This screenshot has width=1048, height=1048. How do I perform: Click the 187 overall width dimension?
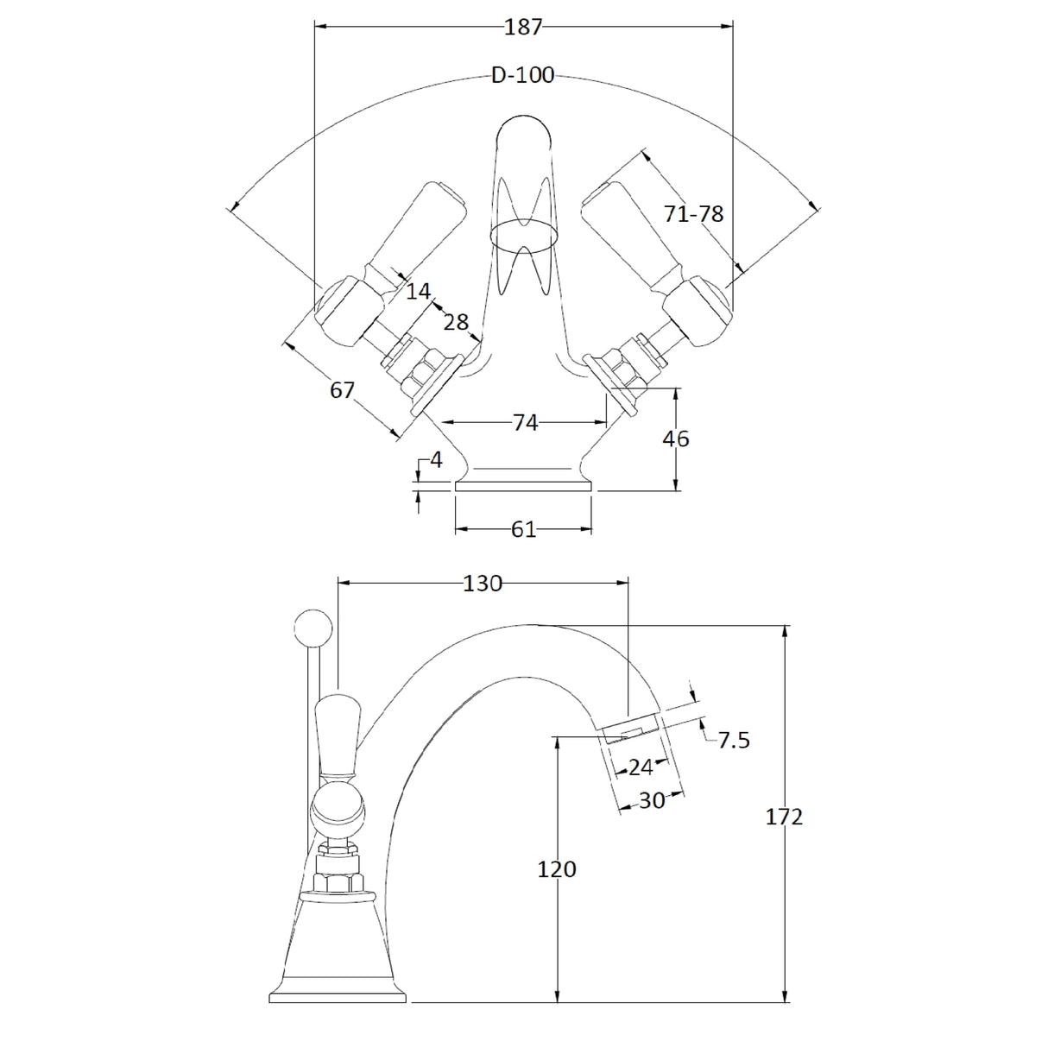523,27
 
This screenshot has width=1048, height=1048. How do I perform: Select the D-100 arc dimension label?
523,76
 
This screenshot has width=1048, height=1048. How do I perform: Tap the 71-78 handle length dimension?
693,214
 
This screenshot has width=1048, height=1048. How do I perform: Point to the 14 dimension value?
418,292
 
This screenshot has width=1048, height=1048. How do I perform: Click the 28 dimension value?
456,322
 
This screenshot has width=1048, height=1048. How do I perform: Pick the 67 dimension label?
343,390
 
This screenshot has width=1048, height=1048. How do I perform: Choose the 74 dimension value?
525,422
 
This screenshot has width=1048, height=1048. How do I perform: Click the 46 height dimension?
676,439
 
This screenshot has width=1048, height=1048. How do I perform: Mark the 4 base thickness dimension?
436,460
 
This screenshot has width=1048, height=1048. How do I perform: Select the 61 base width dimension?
524,529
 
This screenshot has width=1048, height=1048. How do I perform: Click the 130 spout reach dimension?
483,584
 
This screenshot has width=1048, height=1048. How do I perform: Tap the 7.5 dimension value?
734,740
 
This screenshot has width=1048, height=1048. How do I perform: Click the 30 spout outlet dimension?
653,800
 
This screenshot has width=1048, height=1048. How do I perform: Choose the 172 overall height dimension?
785,816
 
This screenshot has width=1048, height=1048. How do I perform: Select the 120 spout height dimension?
557,868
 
